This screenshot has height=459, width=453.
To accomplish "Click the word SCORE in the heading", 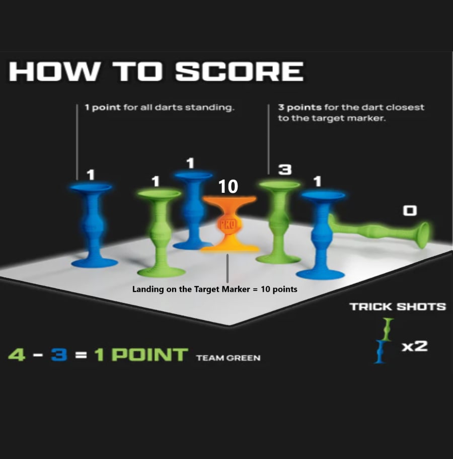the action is (x=239, y=71).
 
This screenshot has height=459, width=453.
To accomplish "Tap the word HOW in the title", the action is (x=53, y=71).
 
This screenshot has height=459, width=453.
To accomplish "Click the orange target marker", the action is (x=230, y=224).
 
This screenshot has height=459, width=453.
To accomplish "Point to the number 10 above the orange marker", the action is (x=228, y=186).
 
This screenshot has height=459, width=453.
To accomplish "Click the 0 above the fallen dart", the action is (x=410, y=210).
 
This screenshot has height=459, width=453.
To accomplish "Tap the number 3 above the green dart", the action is (x=284, y=169).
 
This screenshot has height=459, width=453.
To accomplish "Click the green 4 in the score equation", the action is (x=17, y=354).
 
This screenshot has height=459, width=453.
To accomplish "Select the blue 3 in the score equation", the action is (x=59, y=354).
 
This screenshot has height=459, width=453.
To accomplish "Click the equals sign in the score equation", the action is (x=81, y=355).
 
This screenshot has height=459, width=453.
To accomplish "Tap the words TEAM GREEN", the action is (x=229, y=358).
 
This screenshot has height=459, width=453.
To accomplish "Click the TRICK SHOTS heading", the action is (x=398, y=307).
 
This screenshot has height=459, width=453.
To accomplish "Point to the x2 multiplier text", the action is (x=415, y=346).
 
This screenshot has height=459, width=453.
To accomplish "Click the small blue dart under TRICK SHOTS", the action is (x=380, y=352).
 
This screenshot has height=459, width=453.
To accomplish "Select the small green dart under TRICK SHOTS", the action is (x=388, y=329).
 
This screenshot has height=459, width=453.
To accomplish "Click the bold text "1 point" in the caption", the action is (x=103, y=107).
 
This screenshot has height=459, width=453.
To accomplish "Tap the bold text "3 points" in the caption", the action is (x=300, y=107).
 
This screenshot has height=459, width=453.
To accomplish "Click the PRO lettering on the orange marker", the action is (x=228, y=224).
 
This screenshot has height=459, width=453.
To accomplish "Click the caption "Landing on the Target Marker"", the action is (x=191, y=289).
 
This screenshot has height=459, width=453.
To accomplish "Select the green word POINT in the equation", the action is (x=150, y=354).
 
